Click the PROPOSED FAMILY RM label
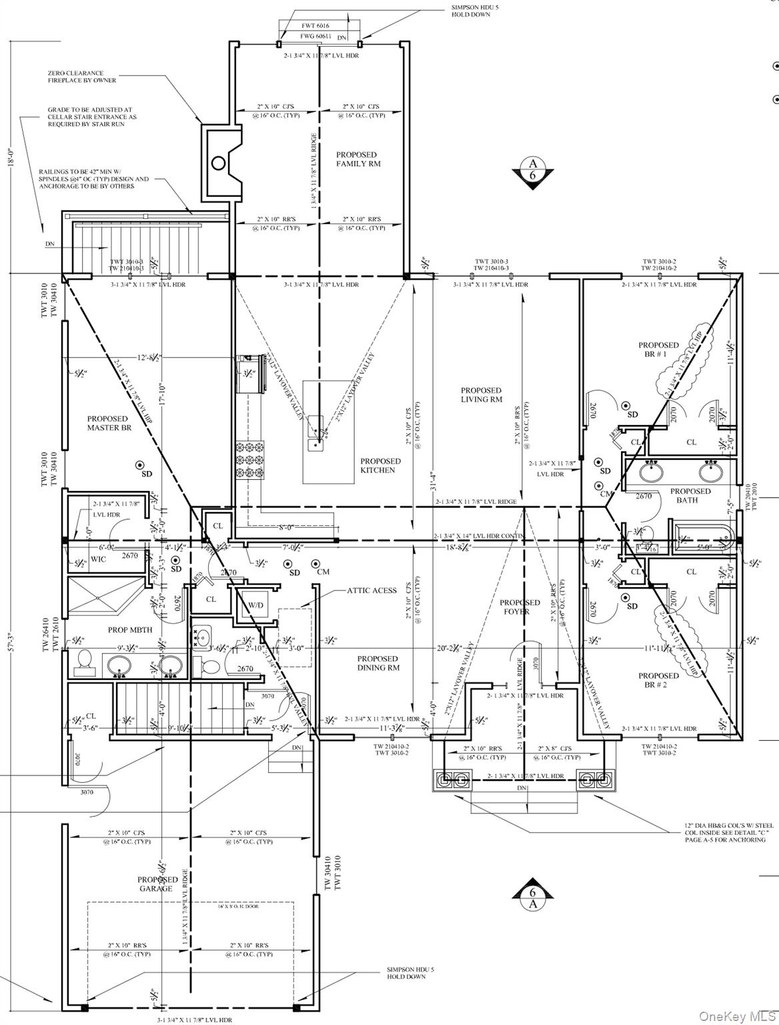pos(359,159)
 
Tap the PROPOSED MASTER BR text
pos(107,423)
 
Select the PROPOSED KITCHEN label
pos(381,465)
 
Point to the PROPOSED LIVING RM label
pos(481,394)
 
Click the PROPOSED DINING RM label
pos(377,663)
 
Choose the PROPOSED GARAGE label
pos(158,884)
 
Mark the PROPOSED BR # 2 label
pos(658,680)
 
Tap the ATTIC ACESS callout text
pos(371,591)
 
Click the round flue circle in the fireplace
pos(218,162)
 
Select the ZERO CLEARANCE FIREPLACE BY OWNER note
pos(81,77)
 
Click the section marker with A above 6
pos(532,169)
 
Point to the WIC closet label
pos(98,559)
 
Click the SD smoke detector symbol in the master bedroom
pos(139,464)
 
